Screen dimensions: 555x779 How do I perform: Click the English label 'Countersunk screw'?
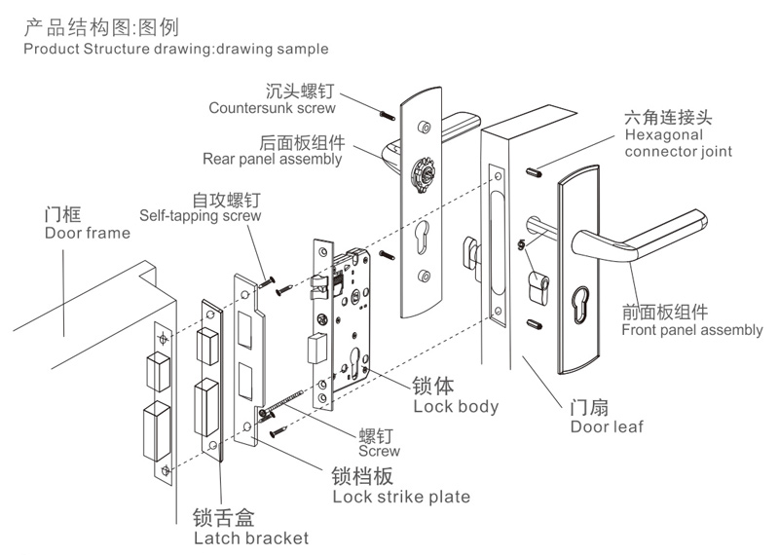pos(271,108)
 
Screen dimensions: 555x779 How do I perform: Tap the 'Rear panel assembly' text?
pos(272,159)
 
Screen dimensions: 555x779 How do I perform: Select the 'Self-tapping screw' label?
pos(201,216)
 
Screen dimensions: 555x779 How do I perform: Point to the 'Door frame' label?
pos(87,233)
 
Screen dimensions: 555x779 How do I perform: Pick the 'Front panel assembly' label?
pos(691,330)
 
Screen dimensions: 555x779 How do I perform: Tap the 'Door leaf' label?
pos(607,426)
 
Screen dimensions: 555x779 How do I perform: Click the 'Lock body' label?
pos(456,406)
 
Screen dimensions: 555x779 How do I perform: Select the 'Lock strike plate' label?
pos(400,497)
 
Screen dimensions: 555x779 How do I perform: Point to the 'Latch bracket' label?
pos(250,537)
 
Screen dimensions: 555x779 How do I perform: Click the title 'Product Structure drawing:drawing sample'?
pos(175,48)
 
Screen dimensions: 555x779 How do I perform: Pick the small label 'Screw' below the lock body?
pos(379,452)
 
